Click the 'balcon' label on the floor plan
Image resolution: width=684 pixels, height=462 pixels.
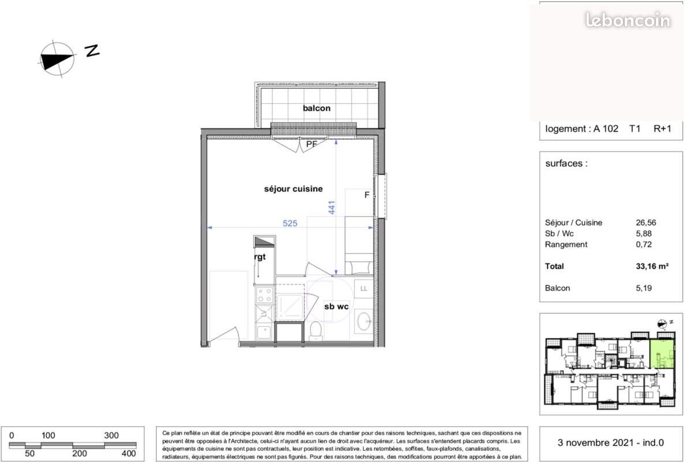[x=316, y=109]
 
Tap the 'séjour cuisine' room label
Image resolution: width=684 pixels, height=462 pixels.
[x=293, y=189]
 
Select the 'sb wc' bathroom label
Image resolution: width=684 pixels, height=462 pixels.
[x=336, y=307]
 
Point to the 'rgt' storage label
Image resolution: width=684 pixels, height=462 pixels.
[x=260, y=257]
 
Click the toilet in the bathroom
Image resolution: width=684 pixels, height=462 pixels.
[x=315, y=330]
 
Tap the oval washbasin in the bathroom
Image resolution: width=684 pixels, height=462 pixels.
[x=364, y=321]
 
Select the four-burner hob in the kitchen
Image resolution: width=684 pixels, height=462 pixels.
[x=265, y=296]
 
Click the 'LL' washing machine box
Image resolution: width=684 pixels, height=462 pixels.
[x=364, y=288]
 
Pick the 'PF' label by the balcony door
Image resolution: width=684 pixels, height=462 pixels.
[x=312, y=144]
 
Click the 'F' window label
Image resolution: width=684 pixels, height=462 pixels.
[x=367, y=195]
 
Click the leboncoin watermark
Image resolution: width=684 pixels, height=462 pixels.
[x=627, y=21]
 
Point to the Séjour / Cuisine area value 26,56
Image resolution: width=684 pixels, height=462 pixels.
[x=645, y=222]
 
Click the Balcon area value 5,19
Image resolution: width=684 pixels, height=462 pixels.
[x=643, y=288]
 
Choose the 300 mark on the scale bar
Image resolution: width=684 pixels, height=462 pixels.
[x=111, y=435]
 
